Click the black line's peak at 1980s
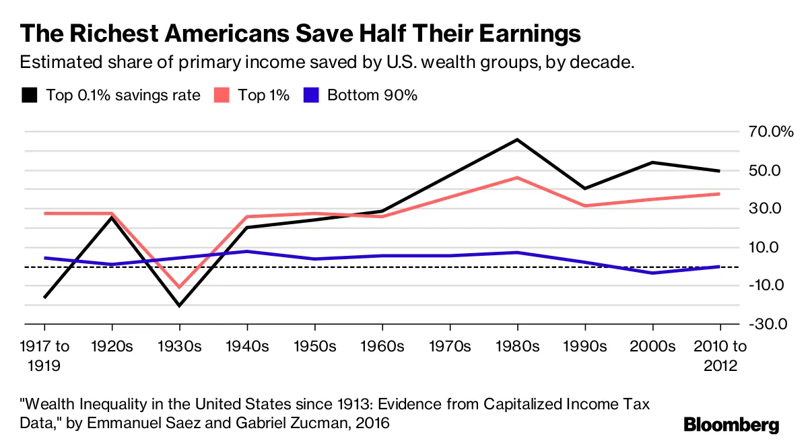pos(517,139)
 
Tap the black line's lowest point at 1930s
pos(179,306)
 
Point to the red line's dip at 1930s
pos(179,287)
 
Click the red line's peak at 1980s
pos(517,177)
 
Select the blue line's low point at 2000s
pos(652,273)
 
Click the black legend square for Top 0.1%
pos(29,95)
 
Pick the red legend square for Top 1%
pos(221,95)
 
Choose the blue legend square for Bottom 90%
pos(311,95)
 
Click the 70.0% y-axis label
pos(771,131)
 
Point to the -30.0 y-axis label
pos(771,324)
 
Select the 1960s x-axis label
pos(382,347)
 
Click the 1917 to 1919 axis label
pos(44,357)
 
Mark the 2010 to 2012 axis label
pos(720,357)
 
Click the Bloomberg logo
pos(731,425)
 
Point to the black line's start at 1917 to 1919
pos(44,298)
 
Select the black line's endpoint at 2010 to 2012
pos(720,171)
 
